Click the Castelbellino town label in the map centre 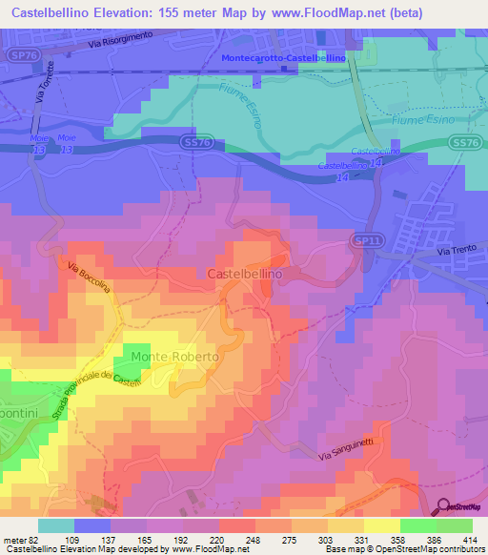244,273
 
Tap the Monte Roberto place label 175,356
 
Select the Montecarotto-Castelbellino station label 283,58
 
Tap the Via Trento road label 456,251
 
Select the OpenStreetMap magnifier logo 444,504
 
